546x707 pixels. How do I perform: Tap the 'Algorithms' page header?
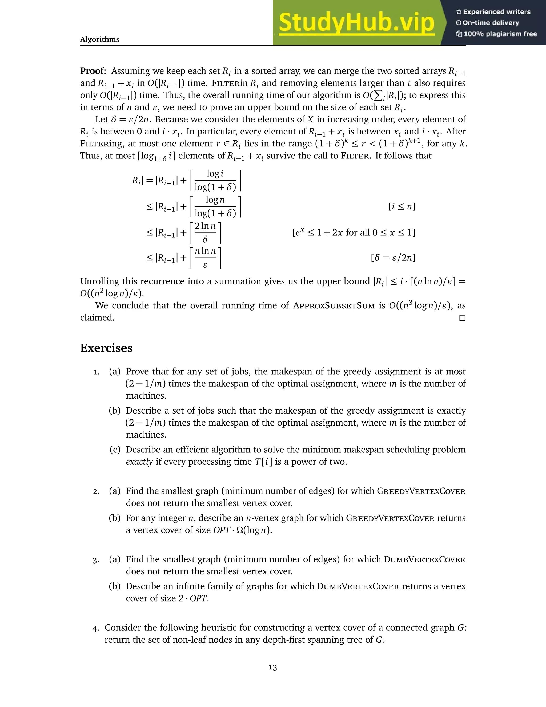coord(100,39)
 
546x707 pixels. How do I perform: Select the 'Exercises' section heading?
coord(106,348)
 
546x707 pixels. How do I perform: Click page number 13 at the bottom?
coord(273,668)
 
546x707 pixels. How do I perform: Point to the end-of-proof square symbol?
coord(462,318)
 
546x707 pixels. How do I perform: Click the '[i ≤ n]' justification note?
coord(402,206)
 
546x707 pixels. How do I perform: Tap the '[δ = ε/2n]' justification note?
coord(393,258)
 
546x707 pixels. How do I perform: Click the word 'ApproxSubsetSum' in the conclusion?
coord(334,305)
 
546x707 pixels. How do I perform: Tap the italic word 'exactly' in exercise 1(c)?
coord(139,462)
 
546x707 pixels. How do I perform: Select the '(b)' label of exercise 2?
coord(114,518)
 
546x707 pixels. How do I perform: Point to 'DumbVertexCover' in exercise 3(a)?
coord(424,559)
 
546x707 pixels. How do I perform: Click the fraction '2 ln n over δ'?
coord(205,232)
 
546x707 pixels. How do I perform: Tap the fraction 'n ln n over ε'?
coord(205,258)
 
